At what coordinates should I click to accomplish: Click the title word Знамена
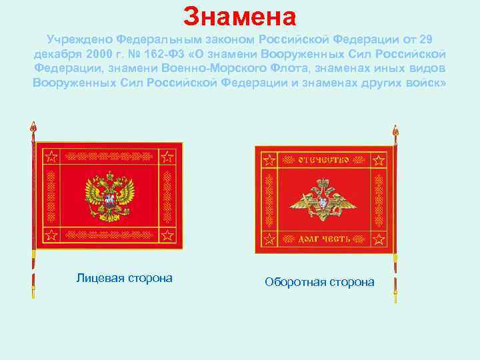(239, 16)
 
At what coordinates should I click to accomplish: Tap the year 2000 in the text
(103, 54)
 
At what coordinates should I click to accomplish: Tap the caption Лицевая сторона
(124, 278)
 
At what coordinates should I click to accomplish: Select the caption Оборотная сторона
(319, 282)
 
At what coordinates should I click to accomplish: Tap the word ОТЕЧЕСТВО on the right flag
(323, 160)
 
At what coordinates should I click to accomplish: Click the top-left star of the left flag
(51, 157)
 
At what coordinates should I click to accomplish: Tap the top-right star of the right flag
(378, 161)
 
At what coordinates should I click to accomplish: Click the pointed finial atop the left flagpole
(32, 126)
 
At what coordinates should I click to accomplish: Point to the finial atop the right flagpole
(395, 131)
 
